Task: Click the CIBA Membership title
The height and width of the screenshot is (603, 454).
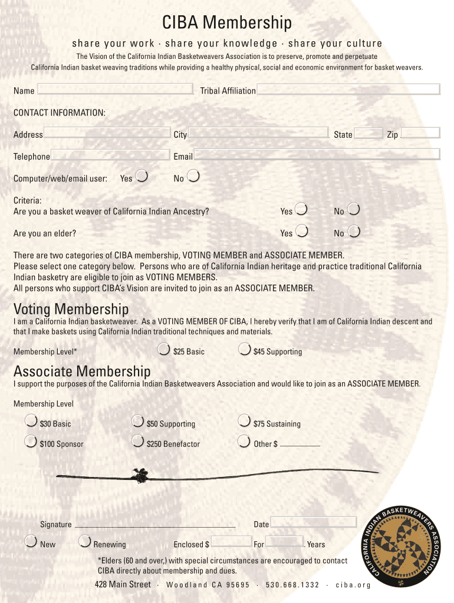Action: pos(227,23)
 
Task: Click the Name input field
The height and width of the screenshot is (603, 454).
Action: pos(115,89)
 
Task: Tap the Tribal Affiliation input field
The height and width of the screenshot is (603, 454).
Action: pos(348,89)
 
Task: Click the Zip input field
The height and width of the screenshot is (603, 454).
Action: pos(420,133)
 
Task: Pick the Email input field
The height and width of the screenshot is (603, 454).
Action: pos(317,154)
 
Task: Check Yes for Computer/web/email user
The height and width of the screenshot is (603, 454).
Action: pos(142,176)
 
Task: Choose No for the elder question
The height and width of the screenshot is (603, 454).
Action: pos(354,231)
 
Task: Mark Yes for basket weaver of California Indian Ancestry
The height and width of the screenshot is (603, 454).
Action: pos(301,209)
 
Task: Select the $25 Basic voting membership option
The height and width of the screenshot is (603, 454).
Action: pos(165,350)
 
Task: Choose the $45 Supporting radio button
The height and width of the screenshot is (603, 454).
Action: pos(244,350)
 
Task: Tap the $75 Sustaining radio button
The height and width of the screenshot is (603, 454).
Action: pos(244,422)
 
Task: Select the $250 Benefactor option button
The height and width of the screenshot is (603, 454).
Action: pos(137,442)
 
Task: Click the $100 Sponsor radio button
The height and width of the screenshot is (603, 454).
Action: pos(31,442)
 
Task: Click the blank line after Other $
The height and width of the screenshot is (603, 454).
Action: pos(300,445)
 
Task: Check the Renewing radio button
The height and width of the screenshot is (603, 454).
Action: pos(84,542)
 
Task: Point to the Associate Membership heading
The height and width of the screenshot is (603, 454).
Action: pos(82,372)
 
